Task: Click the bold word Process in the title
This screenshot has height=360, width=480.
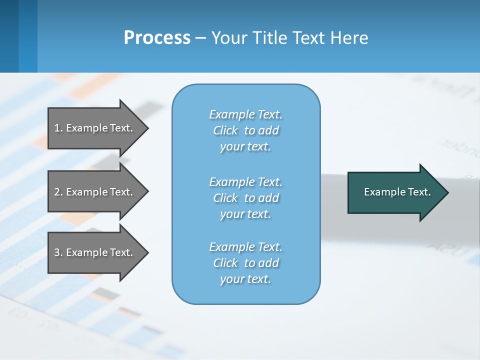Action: pos(157,38)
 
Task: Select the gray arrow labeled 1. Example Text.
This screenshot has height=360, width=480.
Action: pos(95,128)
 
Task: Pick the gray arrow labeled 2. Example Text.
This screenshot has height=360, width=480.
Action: pos(95,192)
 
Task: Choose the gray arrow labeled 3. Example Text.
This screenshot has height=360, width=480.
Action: pos(95,252)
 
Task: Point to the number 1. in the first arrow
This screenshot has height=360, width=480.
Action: pos(58,128)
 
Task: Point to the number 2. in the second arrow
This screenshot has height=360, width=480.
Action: pos(58,192)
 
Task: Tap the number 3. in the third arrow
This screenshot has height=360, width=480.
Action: pos(58,252)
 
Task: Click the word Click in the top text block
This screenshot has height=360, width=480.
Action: pos(225,130)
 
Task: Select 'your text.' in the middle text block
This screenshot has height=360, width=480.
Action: pos(245,214)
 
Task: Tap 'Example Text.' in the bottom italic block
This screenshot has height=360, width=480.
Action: pos(245,247)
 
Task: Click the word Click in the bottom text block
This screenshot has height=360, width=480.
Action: pos(225,263)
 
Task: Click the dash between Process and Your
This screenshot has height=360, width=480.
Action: pos(200,38)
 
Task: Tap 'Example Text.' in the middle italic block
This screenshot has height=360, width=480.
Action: pos(245,182)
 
